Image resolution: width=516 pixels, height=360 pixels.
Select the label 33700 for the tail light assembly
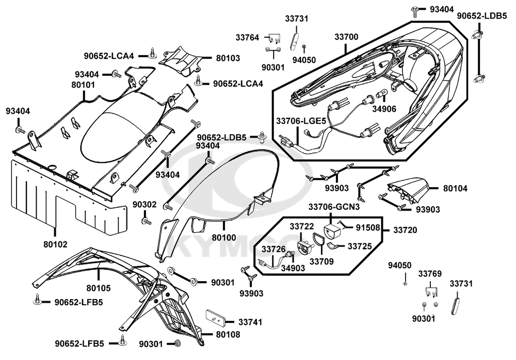point(346,37)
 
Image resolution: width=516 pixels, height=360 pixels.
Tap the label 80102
point(55,243)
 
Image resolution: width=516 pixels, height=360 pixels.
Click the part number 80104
point(454,189)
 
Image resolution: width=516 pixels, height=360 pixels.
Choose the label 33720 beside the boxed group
point(406,229)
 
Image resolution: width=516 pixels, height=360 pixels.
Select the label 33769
point(430,273)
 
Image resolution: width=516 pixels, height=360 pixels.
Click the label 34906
point(383,108)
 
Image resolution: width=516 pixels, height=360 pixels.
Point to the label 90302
point(144,205)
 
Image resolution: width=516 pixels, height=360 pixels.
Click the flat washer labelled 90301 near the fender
point(195,282)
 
